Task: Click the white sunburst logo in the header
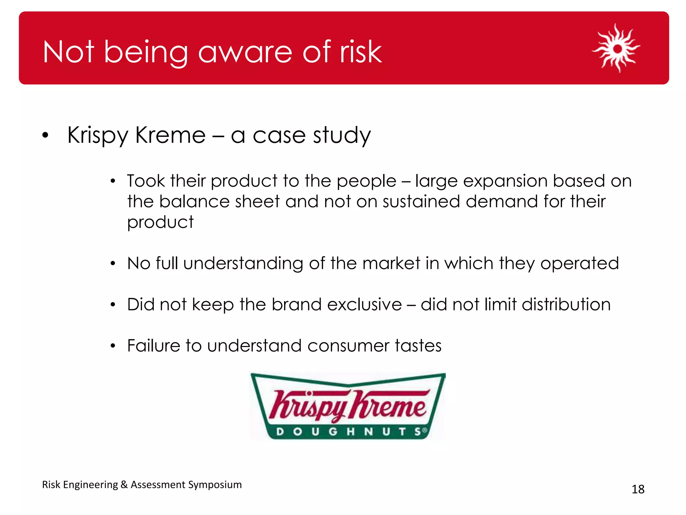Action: pos(617,49)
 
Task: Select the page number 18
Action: pos(638,489)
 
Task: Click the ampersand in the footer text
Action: pos(124,485)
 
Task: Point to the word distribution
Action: pos(566,304)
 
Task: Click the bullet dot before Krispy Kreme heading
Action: pos(46,135)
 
